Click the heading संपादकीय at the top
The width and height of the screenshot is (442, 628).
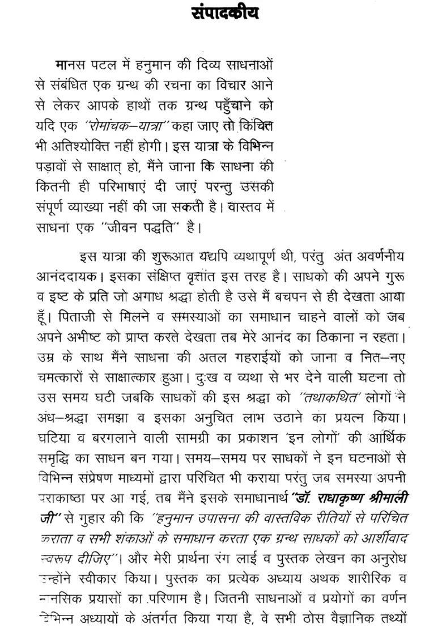click(x=224, y=12)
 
